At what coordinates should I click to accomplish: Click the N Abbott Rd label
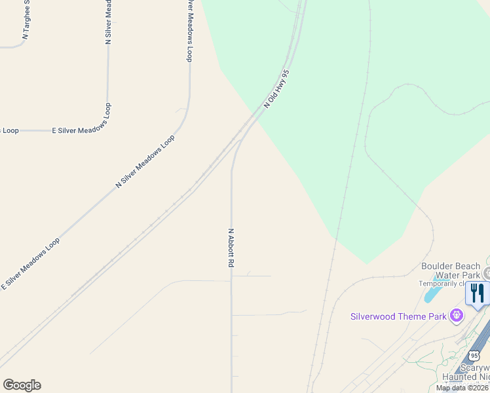pos(231,247)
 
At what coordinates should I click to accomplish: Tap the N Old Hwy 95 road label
pos(276,89)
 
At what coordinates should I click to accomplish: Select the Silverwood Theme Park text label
pos(398,317)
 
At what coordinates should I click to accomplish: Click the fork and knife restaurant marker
pos(478,294)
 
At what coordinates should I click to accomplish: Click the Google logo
pos(22,385)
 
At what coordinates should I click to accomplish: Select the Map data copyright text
pos(462,388)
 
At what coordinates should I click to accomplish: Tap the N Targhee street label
pos(26,20)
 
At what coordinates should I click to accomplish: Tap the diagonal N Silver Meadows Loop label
pos(145,162)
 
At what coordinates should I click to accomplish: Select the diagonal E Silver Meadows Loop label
pos(31,263)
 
